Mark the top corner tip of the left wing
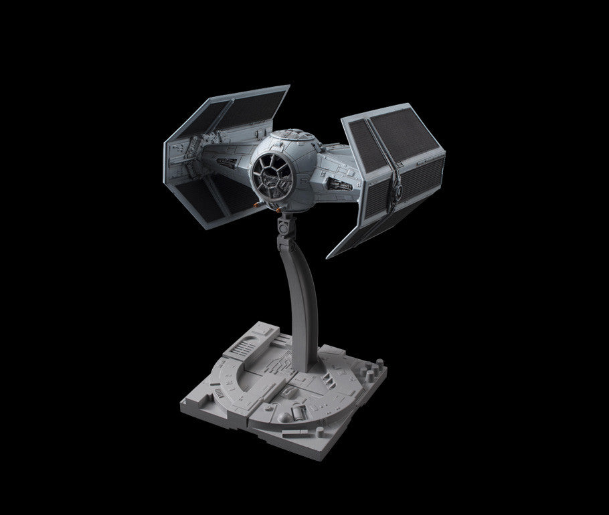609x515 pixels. (289, 87)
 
